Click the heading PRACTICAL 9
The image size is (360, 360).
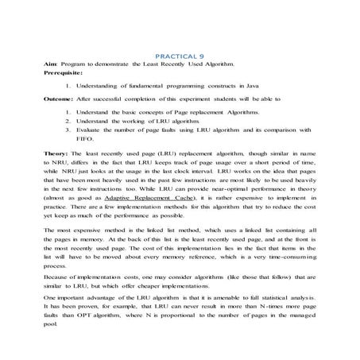point(180,57)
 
